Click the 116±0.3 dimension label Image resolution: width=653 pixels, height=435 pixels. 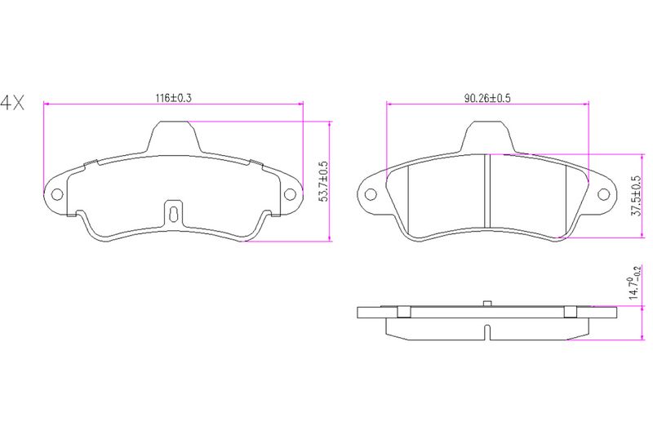pyautogui.click(x=173, y=98)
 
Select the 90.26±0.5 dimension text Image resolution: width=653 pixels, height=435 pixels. pyautogui.click(x=487, y=98)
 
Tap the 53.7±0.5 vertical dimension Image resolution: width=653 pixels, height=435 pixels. pyautogui.click(x=323, y=181)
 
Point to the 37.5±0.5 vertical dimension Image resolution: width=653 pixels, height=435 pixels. pyautogui.click(x=636, y=196)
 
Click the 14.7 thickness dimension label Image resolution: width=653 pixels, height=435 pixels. pyautogui.click(x=635, y=282)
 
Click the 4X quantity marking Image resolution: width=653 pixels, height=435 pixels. pyautogui.click(x=12, y=102)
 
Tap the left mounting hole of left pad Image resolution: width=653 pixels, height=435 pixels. pyautogui.click(x=56, y=194)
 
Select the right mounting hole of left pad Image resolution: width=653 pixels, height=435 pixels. pyautogui.click(x=290, y=194)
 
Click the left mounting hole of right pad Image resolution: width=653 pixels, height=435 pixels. pyautogui.click(x=371, y=194)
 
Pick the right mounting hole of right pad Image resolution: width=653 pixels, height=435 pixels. pyautogui.click(x=603, y=194)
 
